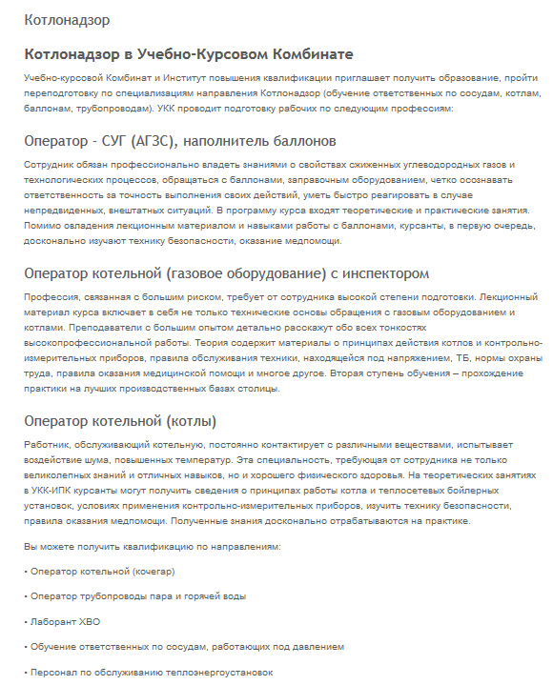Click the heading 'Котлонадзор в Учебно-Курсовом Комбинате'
click(x=188, y=53)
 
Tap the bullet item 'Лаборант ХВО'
click(x=65, y=622)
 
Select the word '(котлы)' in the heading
click(x=193, y=420)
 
